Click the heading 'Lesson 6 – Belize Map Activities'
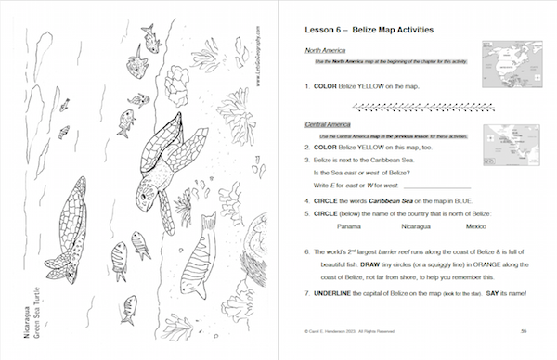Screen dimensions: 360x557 pyautogui.click(x=370, y=31)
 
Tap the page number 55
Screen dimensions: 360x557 pyautogui.click(x=525, y=331)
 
